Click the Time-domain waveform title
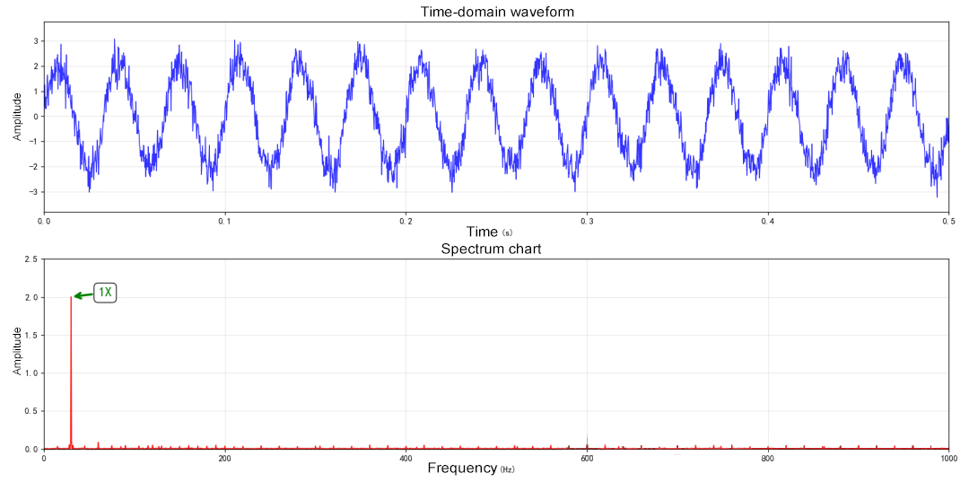[x=497, y=12]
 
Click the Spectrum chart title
[x=491, y=249]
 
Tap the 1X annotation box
[x=106, y=292]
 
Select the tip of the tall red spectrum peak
[x=71, y=297]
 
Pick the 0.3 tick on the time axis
[x=587, y=221]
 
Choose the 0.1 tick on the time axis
[x=225, y=221]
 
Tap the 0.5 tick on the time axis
[x=947, y=221]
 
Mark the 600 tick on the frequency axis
[x=587, y=459]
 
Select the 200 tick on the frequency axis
[x=225, y=459]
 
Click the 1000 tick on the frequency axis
[x=947, y=459]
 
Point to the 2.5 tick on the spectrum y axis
[x=31, y=259]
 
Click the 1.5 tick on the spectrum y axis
[x=31, y=336]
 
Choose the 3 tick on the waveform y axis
[x=35, y=41]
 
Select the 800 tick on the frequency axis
[x=767, y=459]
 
